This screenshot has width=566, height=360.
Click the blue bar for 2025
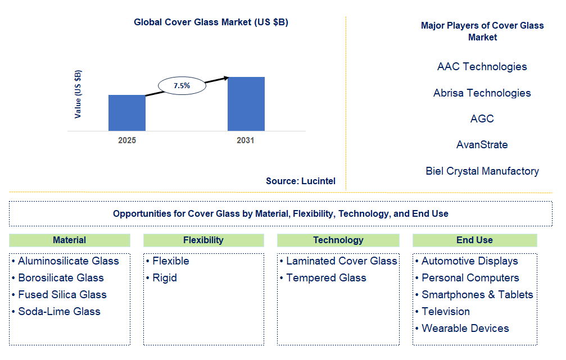point(127,113)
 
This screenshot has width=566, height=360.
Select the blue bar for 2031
point(246,104)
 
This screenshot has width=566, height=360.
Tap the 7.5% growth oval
point(182,85)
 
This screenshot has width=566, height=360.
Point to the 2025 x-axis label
point(127,140)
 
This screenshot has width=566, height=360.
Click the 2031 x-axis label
point(246,140)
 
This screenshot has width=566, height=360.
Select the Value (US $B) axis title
point(78,94)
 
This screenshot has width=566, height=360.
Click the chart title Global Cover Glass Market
point(211,22)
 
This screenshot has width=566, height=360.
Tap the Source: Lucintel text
point(301,181)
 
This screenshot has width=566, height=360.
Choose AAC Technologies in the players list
point(482,67)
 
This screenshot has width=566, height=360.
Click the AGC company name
point(482,119)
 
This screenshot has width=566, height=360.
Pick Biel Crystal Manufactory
point(482,171)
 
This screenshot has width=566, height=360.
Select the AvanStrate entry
point(482,145)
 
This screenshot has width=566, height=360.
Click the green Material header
point(70,240)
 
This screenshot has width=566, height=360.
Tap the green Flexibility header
point(203,240)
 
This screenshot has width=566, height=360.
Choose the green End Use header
point(475,240)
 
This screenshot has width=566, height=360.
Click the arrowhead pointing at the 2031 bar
point(227,78)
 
